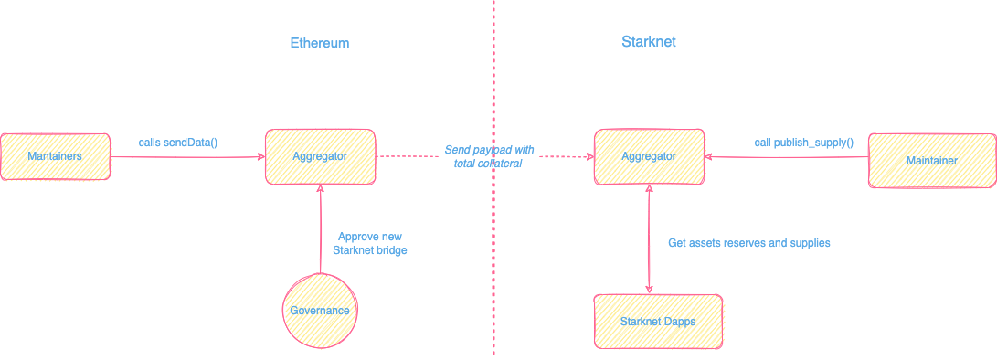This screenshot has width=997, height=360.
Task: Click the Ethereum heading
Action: [x=320, y=43]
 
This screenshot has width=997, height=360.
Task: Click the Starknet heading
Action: [x=648, y=42]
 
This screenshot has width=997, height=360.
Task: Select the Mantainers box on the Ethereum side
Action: [x=55, y=156]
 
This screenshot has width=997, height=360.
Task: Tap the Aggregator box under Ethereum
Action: [x=320, y=156]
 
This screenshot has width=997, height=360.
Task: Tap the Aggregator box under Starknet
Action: [x=649, y=156]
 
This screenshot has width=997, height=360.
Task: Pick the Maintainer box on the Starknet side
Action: [x=931, y=161]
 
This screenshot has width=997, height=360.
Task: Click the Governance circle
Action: [x=320, y=311]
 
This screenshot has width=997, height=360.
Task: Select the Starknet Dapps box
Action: [x=658, y=322]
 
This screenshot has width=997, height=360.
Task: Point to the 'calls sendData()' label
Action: [x=178, y=143]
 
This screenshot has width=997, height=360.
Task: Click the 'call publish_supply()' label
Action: [x=804, y=143]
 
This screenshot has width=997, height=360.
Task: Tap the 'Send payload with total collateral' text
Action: [x=489, y=156]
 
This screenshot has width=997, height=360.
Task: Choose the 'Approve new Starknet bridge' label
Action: [x=371, y=243]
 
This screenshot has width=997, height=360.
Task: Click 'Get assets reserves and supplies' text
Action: [x=749, y=243]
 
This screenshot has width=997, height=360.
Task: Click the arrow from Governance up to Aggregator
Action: [x=321, y=228]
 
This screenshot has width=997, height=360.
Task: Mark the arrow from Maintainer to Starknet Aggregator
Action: [x=786, y=157]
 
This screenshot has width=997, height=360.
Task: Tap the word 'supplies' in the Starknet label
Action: [x=809, y=243]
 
